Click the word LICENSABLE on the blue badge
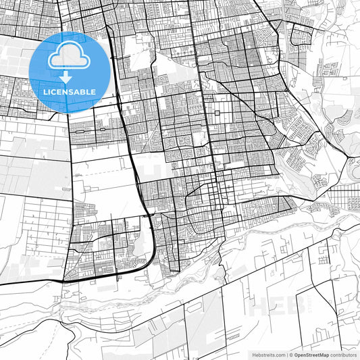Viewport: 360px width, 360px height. click(x=70, y=92)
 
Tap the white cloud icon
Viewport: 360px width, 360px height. click(x=70, y=57)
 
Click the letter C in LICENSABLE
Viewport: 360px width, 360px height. click(x=55, y=92)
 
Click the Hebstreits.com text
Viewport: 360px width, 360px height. click(x=267, y=354)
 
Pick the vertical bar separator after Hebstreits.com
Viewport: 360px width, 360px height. click(x=287, y=354)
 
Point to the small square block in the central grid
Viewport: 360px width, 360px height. click(x=217, y=115)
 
